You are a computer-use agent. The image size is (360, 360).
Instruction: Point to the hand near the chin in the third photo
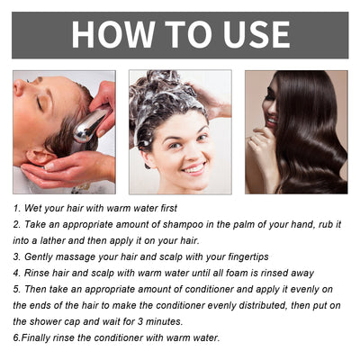263,144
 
